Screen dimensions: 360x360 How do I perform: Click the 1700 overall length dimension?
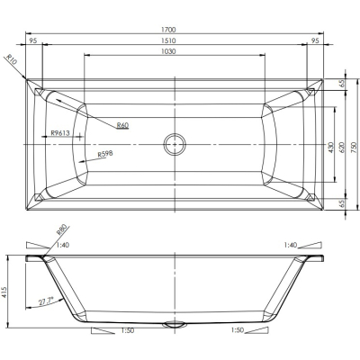pyautogui.click(x=168, y=30)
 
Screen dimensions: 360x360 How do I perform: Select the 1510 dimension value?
pyautogui.click(x=168, y=40)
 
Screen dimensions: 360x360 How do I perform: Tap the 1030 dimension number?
pyautogui.click(x=168, y=51)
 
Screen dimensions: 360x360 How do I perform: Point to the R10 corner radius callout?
pyautogui.click(x=13, y=59)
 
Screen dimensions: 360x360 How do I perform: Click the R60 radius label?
pyautogui.click(x=122, y=125)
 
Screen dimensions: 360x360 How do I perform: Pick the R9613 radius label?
pyautogui.click(x=60, y=133)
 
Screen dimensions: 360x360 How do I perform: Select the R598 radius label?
pyautogui.click(x=105, y=154)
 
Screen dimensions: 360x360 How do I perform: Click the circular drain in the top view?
pyautogui.click(x=175, y=144)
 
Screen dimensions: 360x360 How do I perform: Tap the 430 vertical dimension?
pyautogui.click(x=330, y=148)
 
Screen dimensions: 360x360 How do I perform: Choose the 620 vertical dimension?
pyautogui.click(x=341, y=148)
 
